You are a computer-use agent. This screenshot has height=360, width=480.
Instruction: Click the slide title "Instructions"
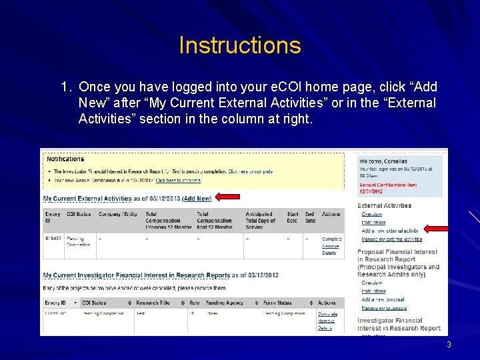240,46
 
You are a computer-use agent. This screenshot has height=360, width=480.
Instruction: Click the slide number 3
449,345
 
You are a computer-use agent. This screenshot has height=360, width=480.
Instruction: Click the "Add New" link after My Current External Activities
197,199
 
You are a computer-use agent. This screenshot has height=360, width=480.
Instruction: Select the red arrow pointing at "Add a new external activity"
437,229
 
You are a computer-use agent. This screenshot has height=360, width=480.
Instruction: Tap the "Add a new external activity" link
390,231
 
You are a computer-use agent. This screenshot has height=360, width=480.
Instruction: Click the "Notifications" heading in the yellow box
65,159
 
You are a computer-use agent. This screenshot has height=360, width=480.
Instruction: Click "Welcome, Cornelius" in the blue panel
383,161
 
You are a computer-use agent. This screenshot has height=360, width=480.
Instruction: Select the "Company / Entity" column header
119,214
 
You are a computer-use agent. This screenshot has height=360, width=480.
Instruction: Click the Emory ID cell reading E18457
53,238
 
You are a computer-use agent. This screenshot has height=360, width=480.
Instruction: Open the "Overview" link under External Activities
371,215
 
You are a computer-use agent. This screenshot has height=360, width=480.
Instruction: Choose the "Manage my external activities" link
391,239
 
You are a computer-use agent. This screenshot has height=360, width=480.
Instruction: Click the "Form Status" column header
281,303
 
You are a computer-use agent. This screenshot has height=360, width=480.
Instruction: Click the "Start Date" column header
293,217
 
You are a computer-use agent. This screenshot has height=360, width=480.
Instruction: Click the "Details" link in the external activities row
329,253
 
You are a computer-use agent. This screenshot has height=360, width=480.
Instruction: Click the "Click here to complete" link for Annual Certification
178,180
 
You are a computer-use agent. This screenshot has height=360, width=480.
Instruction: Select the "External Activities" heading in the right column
384,205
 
